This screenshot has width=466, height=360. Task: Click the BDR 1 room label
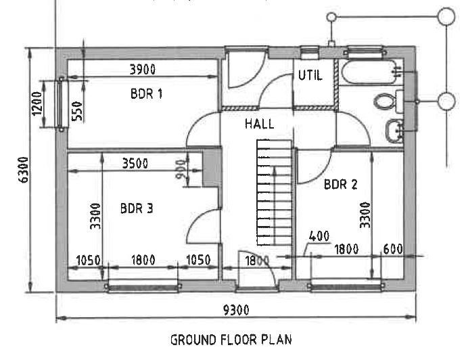coord(147,94)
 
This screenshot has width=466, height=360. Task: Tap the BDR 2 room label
coord(340,184)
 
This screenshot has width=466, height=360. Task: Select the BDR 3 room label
coord(137,208)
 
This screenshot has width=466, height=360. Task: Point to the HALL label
coord(260,123)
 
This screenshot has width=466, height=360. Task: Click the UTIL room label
coord(310,75)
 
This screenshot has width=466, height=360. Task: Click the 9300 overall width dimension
coord(236,311)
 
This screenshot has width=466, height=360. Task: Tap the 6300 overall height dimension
coord(24,170)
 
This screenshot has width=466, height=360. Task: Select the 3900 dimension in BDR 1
coord(143,69)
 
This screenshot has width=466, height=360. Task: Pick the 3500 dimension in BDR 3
coord(135,164)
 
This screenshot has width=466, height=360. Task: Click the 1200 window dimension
coord(37,104)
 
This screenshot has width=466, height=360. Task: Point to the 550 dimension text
coord(77,111)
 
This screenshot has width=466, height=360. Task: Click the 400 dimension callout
coord(319,236)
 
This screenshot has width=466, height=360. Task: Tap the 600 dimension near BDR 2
coord(393,249)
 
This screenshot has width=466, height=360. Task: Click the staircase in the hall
coord(275,192)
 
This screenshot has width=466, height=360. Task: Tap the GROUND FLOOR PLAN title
coord(231,340)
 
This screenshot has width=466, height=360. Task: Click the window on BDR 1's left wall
coord(61,104)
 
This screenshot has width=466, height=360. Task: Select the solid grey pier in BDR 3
coord(212,169)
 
